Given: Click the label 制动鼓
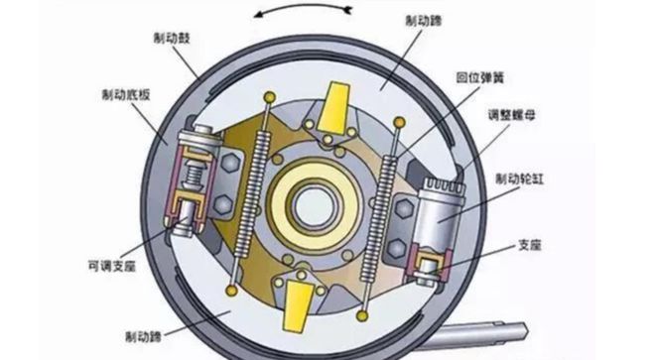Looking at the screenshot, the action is [x=172, y=39].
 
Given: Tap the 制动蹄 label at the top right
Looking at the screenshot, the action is [x=424, y=21].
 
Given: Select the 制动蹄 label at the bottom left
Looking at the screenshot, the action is [x=144, y=336].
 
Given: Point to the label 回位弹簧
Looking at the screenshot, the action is [x=480, y=77].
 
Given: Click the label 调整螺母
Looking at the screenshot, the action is [x=512, y=115].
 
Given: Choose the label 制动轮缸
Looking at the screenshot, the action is [x=520, y=180].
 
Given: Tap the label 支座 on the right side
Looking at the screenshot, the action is [x=530, y=245].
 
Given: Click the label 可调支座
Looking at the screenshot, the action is [x=112, y=266].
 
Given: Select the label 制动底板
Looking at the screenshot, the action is [x=126, y=95].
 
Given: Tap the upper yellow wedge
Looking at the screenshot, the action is [x=334, y=107].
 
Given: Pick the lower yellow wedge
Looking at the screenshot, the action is [x=298, y=305].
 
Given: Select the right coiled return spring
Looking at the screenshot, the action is [x=378, y=217].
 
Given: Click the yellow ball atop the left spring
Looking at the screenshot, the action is [x=270, y=97].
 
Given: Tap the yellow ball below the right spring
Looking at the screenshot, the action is [x=362, y=315].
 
